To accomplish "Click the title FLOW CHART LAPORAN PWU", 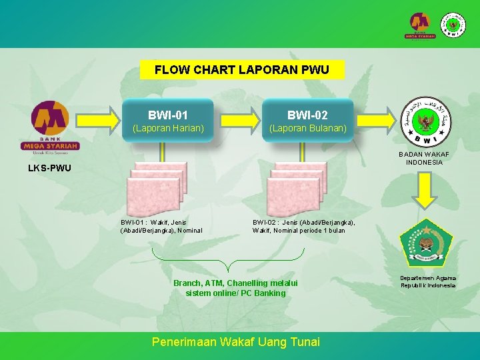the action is click(x=242, y=69).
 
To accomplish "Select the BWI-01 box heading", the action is click(x=167, y=115).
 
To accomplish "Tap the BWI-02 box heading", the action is click(x=307, y=115).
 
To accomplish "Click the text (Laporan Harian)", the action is click(x=167, y=128).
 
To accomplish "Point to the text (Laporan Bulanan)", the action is click(x=307, y=128).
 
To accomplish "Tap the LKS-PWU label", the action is click(x=49, y=168).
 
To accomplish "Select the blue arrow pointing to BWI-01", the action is click(x=101, y=120).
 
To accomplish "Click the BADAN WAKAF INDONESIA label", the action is click(x=424, y=158).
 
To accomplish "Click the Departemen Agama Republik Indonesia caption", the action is click(x=428, y=281).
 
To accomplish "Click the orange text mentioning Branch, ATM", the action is click(x=235, y=288).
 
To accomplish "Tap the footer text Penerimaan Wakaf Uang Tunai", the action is click(x=236, y=342).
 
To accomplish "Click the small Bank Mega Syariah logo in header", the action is click(x=421, y=25).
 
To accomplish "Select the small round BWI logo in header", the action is click(x=454, y=25).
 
